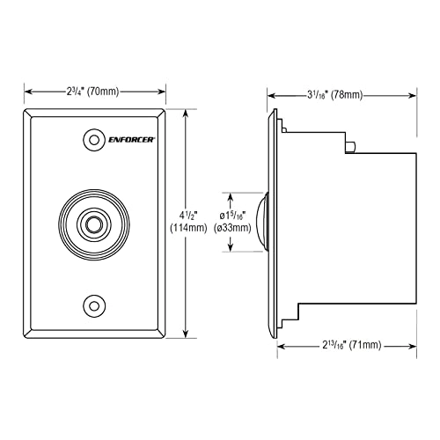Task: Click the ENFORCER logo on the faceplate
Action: tap(132, 140)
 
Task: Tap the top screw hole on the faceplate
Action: tap(94, 140)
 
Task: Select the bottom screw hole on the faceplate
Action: tap(94, 306)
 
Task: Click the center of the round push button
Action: tap(94, 224)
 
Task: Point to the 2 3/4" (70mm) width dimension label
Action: tap(92, 92)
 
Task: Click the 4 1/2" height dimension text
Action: tap(188, 216)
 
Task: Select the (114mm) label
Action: tap(188, 228)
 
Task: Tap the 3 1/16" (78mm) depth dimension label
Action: tap(335, 95)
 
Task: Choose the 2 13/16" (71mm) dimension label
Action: tap(352, 345)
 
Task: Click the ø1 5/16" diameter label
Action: tap(232, 216)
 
